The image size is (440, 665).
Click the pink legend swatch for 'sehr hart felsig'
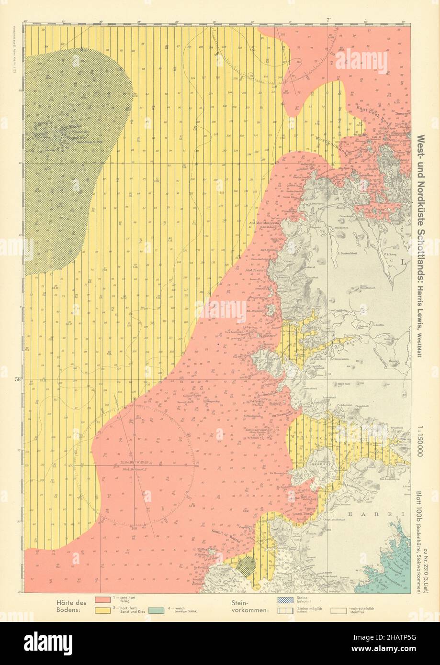coord(106,599)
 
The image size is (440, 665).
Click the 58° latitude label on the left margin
coord(18,380)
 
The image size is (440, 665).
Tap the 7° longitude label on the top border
coord(327,20)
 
